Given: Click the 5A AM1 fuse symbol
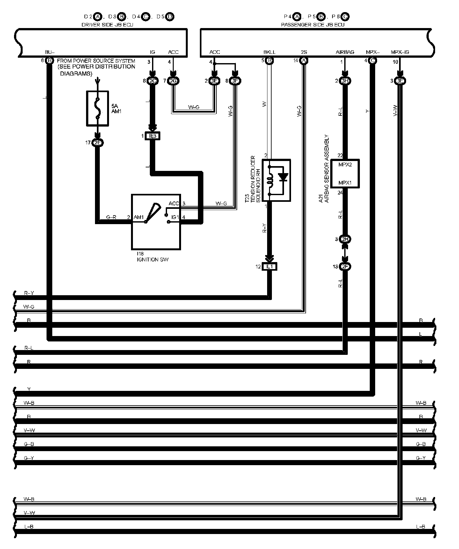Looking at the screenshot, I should tap(98, 108).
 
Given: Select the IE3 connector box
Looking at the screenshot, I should tap(152, 136).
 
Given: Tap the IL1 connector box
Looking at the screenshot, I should tap(269, 267).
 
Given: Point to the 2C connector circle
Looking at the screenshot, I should tap(153, 81).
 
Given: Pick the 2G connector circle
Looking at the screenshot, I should tap(173, 81).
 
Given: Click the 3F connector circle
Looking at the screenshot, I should tap(235, 81).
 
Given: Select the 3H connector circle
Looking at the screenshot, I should tap(345, 81).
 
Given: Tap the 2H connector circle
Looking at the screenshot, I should tap(345, 239).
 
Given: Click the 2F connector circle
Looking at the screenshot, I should tap(345, 267).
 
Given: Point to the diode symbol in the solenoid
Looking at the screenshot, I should tap(283, 177).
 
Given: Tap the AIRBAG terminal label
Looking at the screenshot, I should tap(345, 52).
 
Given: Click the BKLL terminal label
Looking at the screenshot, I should tap(269, 52).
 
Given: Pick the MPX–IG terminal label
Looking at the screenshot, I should tap(400, 52).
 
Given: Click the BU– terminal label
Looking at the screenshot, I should tap(50, 52).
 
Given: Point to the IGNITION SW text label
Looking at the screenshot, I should tap(152, 260).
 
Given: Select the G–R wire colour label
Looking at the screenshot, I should tap(111, 217).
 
